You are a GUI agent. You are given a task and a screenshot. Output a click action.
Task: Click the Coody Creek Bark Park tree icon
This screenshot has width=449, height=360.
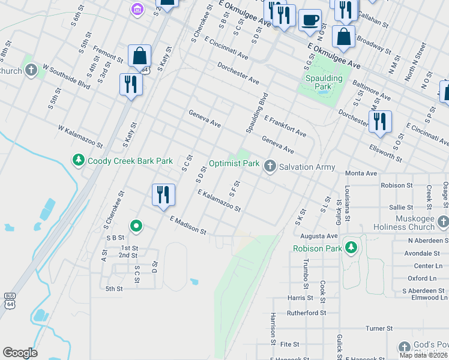click(78, 160)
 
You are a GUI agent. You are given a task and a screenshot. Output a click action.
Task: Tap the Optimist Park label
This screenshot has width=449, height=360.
click(234, 163)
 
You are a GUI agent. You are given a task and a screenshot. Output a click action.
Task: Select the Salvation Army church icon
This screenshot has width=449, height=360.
click(270, 167)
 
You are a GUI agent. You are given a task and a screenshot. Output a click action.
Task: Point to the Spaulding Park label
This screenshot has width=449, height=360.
click(323, 82)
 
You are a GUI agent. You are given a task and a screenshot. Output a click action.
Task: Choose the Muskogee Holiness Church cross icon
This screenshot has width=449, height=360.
click(443, 222)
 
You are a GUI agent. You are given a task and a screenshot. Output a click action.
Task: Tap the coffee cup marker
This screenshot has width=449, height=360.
click(310, 20)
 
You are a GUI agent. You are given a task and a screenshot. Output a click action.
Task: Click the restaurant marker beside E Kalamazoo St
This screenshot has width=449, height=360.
click(163, 194)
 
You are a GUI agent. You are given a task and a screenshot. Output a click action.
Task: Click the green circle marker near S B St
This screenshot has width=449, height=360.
click(137, 226)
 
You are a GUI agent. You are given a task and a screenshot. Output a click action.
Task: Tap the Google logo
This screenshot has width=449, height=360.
click(20, 353)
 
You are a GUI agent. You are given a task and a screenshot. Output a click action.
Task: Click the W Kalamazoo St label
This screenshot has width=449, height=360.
click(80, 137)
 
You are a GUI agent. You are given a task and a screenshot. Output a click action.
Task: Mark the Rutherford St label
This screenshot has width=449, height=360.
click(306, 313)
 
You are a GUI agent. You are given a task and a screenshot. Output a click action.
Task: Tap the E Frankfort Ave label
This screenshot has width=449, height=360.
click(285, 127)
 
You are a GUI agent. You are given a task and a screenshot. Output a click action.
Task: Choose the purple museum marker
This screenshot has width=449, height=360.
click(137, 9)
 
